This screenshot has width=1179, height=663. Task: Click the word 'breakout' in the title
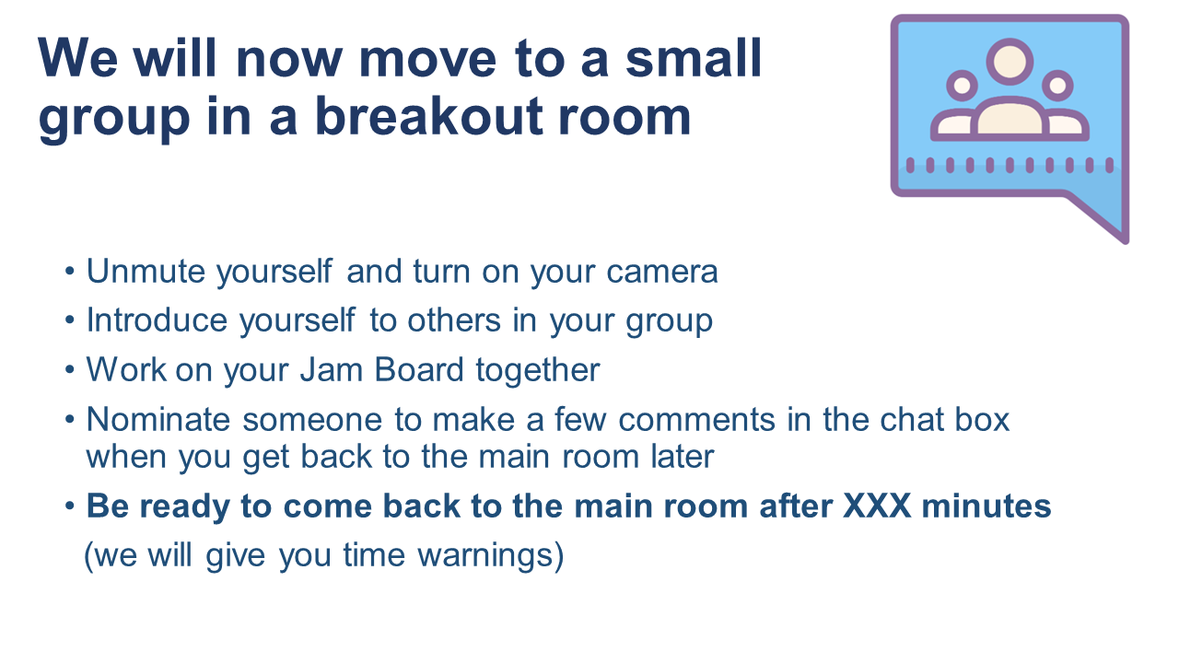tap(429, 116)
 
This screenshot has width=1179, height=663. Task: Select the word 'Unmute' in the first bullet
tap(146, 272)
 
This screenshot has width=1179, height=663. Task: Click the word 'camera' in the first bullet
tap(662, 273)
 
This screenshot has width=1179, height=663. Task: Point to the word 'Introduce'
tap(157, 320)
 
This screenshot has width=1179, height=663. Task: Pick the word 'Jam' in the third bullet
tap(331, 370)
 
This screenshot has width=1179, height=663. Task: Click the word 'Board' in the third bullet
tap(419, 370)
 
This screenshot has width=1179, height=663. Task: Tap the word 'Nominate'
tap(158, 419)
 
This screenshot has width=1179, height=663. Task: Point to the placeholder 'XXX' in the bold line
tap(877, 506)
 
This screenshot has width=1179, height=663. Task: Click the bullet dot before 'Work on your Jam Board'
tap(70, 369)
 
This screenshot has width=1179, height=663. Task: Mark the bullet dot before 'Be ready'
tap(70, 506)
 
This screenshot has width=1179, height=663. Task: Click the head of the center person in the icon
tap(1010, 62)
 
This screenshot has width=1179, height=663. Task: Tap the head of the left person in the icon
tap(963, 86)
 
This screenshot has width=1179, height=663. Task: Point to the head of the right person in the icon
tap(1058, 86)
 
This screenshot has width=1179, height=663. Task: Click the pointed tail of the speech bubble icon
tap(1125, 240)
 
